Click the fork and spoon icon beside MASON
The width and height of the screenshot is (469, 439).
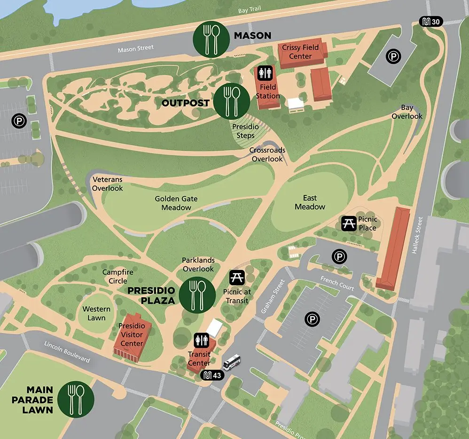pos(211,37)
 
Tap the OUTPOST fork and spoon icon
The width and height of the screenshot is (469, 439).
pos(232,100)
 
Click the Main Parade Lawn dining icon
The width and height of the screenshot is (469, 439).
pos(76,399)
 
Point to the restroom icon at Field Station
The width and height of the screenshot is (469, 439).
pos(264,73)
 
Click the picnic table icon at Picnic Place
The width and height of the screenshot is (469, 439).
pos(348,223)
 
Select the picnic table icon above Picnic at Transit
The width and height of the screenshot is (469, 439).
pos(236,277)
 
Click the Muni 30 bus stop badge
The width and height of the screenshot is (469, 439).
pos(431,22)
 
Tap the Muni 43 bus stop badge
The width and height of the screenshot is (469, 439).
pos(212,376)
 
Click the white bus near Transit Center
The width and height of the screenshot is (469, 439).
pos(232,362)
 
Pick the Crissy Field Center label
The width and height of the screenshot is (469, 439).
pos(300,52)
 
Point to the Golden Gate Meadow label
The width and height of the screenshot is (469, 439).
pos(176,203)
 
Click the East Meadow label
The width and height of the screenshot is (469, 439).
pos(310,202)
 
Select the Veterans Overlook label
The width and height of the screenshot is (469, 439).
pos(108,184)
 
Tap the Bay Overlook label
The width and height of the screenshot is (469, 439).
pos(407,112)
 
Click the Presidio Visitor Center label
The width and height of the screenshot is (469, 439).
pos(132,334)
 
